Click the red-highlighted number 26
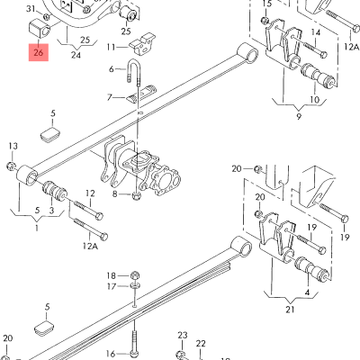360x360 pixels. click(39, 53)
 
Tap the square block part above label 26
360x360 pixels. click(39, 29)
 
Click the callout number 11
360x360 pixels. click(111, 47)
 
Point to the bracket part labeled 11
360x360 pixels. click(142, 44)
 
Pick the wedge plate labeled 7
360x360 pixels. click(141, 94)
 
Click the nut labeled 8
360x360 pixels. click(136, 196)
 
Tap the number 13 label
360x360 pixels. click(13, 146)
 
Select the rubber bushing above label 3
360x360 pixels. click(55, 192)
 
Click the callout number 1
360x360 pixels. click(37, 228)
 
